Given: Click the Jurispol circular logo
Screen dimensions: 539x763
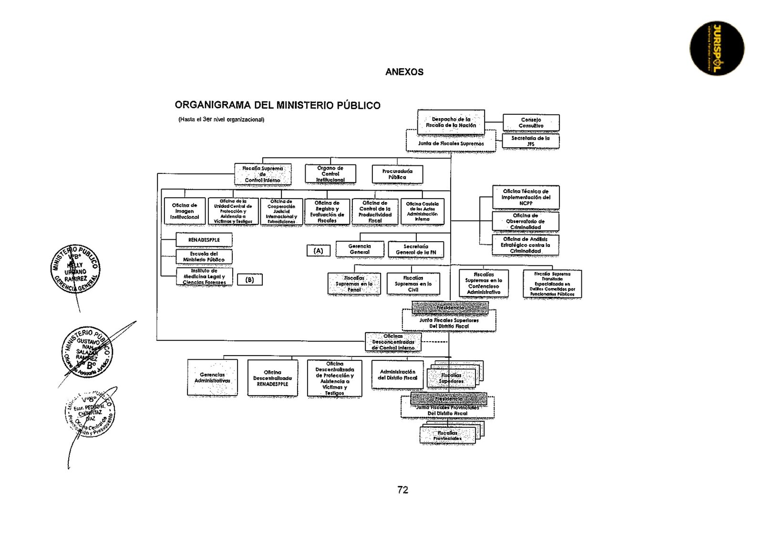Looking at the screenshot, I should (717, 48).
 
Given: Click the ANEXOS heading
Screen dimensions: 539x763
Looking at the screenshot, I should (404, 72).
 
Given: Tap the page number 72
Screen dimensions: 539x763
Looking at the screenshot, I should (402, 490).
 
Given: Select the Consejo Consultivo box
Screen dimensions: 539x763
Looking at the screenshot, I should (531, 123).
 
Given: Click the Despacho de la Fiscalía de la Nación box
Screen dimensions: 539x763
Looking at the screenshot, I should (451, 122).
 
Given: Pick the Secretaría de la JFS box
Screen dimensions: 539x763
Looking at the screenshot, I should (530, 141).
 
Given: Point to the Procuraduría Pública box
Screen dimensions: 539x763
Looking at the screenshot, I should (397, 174).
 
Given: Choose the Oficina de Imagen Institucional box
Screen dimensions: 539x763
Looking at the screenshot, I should (185, 211).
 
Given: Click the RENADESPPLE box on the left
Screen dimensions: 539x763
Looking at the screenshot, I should (204, 240).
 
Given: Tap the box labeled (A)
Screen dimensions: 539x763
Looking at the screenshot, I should (318, 251).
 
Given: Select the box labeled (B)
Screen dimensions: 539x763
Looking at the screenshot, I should (249, 280).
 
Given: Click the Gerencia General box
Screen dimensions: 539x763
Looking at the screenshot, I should (360, 249).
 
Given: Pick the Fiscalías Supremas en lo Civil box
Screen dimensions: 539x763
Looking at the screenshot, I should (413, 284).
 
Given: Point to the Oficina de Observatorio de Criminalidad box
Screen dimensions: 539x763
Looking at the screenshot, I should (526, 222).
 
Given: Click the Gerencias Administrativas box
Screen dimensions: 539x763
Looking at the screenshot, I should (212, 378).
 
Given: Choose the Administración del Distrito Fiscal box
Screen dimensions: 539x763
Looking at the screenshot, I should (397, 375).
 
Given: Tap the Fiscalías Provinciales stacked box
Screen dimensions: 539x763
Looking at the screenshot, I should (447, 435).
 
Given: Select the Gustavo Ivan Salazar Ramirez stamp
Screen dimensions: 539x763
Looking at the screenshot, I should (87, 352).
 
